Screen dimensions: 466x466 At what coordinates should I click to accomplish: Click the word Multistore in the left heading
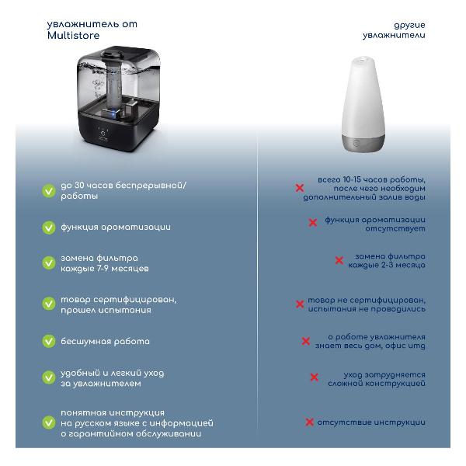(74, 36)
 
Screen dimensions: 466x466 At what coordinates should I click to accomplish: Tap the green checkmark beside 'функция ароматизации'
(49, 228)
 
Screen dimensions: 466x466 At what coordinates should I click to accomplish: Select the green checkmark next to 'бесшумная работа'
(49, 341)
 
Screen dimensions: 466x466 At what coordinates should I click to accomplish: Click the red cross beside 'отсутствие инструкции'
(309, 422)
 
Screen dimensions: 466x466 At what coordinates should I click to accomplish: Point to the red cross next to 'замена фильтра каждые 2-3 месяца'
(339, 260)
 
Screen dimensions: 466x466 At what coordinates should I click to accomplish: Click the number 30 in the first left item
(79, 185)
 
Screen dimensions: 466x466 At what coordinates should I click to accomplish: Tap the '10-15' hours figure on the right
(352, 179)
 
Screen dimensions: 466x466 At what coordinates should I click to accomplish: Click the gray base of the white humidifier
(363, 143)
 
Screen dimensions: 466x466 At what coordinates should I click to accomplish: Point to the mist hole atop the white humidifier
(362, 60)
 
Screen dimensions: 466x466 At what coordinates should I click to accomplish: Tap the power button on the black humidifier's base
(103, 133)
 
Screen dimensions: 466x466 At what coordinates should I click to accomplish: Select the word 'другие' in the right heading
(409, 26)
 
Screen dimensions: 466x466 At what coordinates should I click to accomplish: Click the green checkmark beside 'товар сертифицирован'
(49, 304)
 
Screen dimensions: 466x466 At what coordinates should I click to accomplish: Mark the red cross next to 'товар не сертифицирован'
(300, 304)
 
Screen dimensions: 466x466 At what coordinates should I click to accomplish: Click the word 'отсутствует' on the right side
(395, 228)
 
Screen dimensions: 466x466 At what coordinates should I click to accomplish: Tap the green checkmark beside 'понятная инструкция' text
(49, 423)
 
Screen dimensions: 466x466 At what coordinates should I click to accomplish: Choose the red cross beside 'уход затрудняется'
(314, 377)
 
